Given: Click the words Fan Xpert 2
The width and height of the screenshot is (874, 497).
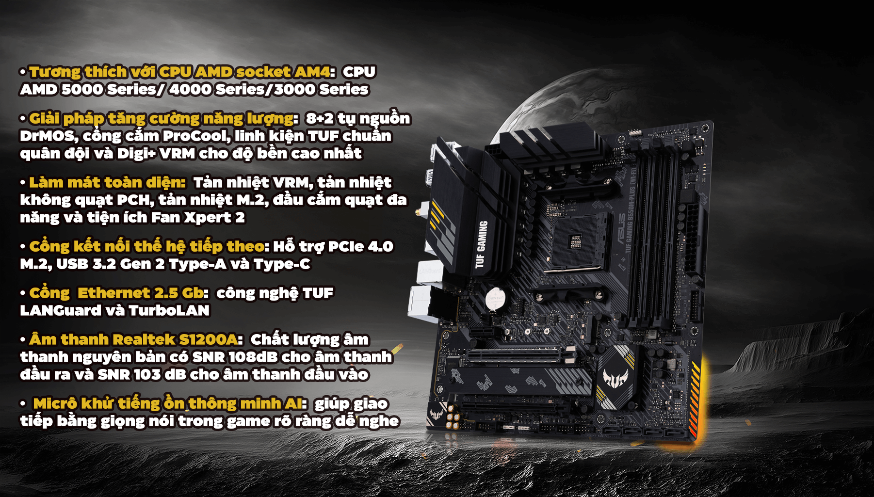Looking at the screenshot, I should click(x=197, y=218).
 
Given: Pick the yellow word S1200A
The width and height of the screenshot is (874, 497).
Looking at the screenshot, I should click(x=208, y=340).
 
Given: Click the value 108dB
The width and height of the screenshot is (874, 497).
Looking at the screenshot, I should click(x=253, y=357).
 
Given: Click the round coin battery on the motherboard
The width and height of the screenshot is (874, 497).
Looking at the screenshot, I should click(x=495, y=298).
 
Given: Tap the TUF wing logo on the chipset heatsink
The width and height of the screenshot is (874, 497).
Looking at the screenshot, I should click(x=615, y=378).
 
